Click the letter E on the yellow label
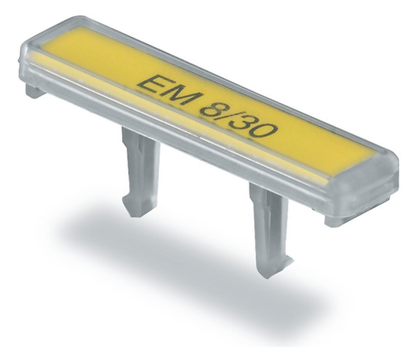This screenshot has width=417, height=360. pos(151,83)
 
